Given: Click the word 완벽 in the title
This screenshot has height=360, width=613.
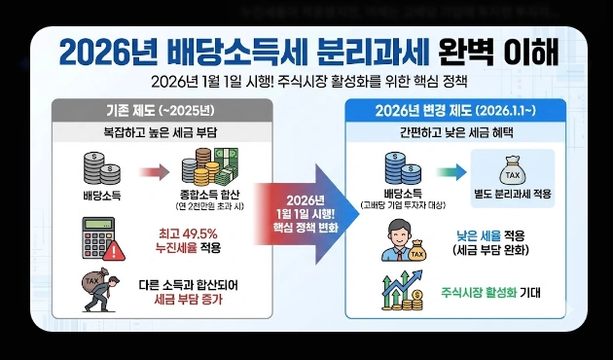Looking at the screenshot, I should pos(471,49).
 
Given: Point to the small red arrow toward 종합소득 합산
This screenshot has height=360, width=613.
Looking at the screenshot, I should pos(152,173).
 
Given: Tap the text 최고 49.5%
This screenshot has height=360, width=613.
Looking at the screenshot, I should pos(188,234).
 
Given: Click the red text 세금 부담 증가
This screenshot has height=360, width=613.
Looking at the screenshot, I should pos(188,300).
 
